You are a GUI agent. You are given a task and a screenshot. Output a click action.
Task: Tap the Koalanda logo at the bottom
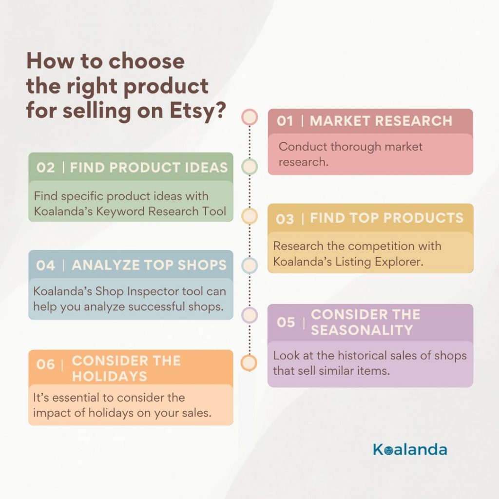[x=410, y=449]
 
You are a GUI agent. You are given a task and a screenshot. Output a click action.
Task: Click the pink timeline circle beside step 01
[x=249, y=117]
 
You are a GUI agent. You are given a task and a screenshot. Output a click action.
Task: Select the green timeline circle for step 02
[x=249, y=167]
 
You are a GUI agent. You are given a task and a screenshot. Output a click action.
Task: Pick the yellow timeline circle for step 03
[x=249, y=216]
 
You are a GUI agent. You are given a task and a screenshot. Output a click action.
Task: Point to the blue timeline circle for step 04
[x=249, y=266]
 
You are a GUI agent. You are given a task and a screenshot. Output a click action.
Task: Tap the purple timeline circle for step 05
[x=249, y=315]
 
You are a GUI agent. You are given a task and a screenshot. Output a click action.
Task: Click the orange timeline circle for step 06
[x=249, y=363]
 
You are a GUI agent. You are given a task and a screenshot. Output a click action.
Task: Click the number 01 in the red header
[x=285, y=121]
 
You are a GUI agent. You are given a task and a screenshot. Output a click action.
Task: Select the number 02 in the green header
[x=45, y=168]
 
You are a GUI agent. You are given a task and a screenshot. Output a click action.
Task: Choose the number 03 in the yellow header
[x=285, y=219]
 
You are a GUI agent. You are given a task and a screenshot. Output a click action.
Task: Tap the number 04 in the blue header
[x=45, y=266]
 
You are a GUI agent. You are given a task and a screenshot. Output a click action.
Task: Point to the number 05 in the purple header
[x=286, y=322]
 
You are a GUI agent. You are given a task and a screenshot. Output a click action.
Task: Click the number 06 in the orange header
[x=45, y=365]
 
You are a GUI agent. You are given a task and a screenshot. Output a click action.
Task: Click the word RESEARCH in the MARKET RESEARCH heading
[x=414, y=121]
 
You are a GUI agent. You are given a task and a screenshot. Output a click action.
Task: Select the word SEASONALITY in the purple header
[x=362, y=330]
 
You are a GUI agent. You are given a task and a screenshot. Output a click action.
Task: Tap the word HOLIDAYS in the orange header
[x=110, y=376]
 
